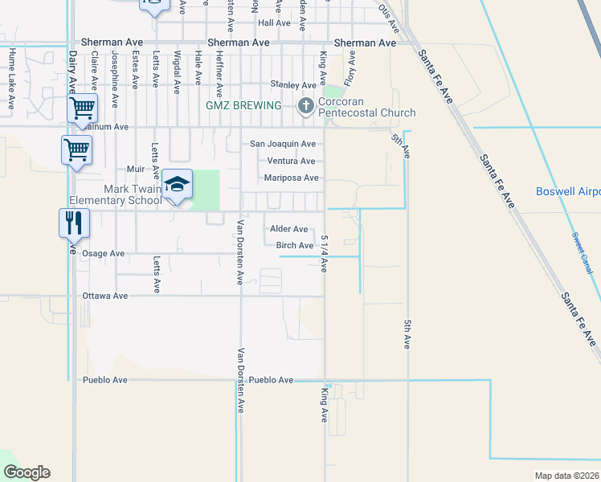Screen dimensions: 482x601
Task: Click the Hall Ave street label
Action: coord(274,23)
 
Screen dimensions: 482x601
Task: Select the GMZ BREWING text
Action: coord(243,105)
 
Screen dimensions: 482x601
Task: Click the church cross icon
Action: coord(305,105)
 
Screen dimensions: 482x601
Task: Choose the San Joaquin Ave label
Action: coord(282,144)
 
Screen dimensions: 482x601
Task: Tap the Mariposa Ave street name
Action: coord(292,178)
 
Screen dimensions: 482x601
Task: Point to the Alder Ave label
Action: coord(288,229)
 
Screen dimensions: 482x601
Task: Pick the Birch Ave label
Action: coord(294,245)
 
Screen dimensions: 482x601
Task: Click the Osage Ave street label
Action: coord(104,253)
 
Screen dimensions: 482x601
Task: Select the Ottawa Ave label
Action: coord(105,296)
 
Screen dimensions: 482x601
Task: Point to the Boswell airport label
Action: coord(568,192)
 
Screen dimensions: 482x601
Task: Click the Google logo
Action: coord(27,472)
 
